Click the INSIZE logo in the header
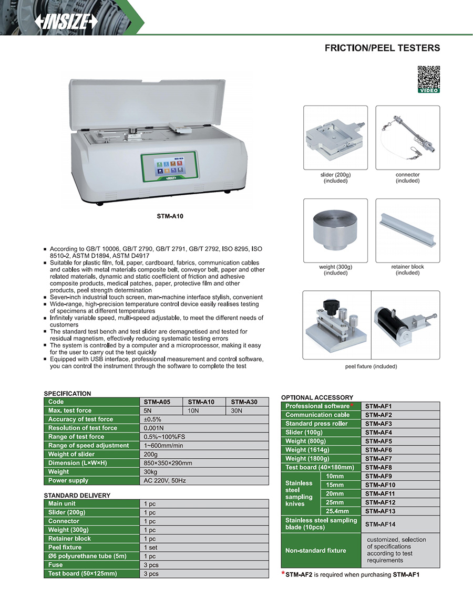(66, 21)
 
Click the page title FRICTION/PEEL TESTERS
(382, 48)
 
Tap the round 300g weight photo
(335, 230)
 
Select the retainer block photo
(407, 230)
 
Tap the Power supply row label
(68, 480)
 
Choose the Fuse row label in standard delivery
(55, 565)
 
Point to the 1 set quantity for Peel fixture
(151, 547)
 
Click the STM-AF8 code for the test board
(378, 467)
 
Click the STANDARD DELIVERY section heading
(77, 495)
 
